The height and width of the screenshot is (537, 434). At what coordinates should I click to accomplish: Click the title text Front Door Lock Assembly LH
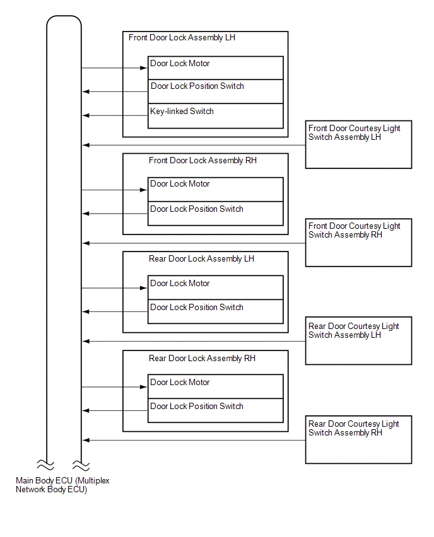point(182,38)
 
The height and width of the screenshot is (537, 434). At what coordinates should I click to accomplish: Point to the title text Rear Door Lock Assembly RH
point(202,359)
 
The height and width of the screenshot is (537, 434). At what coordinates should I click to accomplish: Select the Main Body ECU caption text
point(62,485)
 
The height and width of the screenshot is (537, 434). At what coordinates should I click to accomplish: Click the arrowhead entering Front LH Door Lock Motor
point(144,68)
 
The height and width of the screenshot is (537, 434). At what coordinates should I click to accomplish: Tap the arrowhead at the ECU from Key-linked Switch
point(86,115)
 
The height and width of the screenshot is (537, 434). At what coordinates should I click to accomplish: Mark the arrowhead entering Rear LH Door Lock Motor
point(144,288)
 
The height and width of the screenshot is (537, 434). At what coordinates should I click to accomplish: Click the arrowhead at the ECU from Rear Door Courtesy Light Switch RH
point(86,440)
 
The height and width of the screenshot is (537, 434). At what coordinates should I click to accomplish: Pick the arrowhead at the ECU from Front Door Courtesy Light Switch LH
point(86,145)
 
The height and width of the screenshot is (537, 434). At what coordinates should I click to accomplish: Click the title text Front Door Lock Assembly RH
point(202,161)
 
